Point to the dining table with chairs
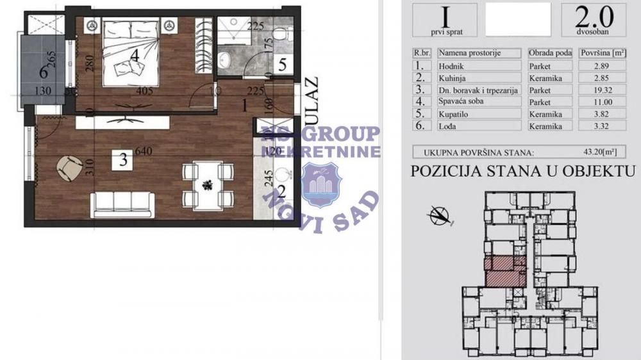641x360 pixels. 207,185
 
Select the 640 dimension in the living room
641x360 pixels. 144,152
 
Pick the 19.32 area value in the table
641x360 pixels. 589,90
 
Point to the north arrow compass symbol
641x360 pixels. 439,216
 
